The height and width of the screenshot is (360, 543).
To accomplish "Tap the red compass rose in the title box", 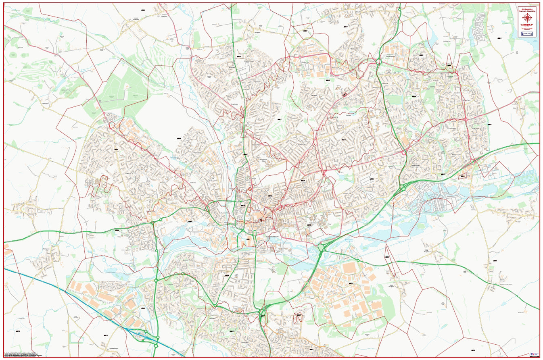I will pyautogui.click(x=527, y=18).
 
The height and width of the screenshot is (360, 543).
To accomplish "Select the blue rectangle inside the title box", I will pyautogui.click(x=527, y=34).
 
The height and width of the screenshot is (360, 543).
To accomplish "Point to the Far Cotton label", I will pyautogui.click(x=237, y=276).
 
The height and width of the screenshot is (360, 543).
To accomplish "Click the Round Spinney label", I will pyautogui.click(x=390, y=57).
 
